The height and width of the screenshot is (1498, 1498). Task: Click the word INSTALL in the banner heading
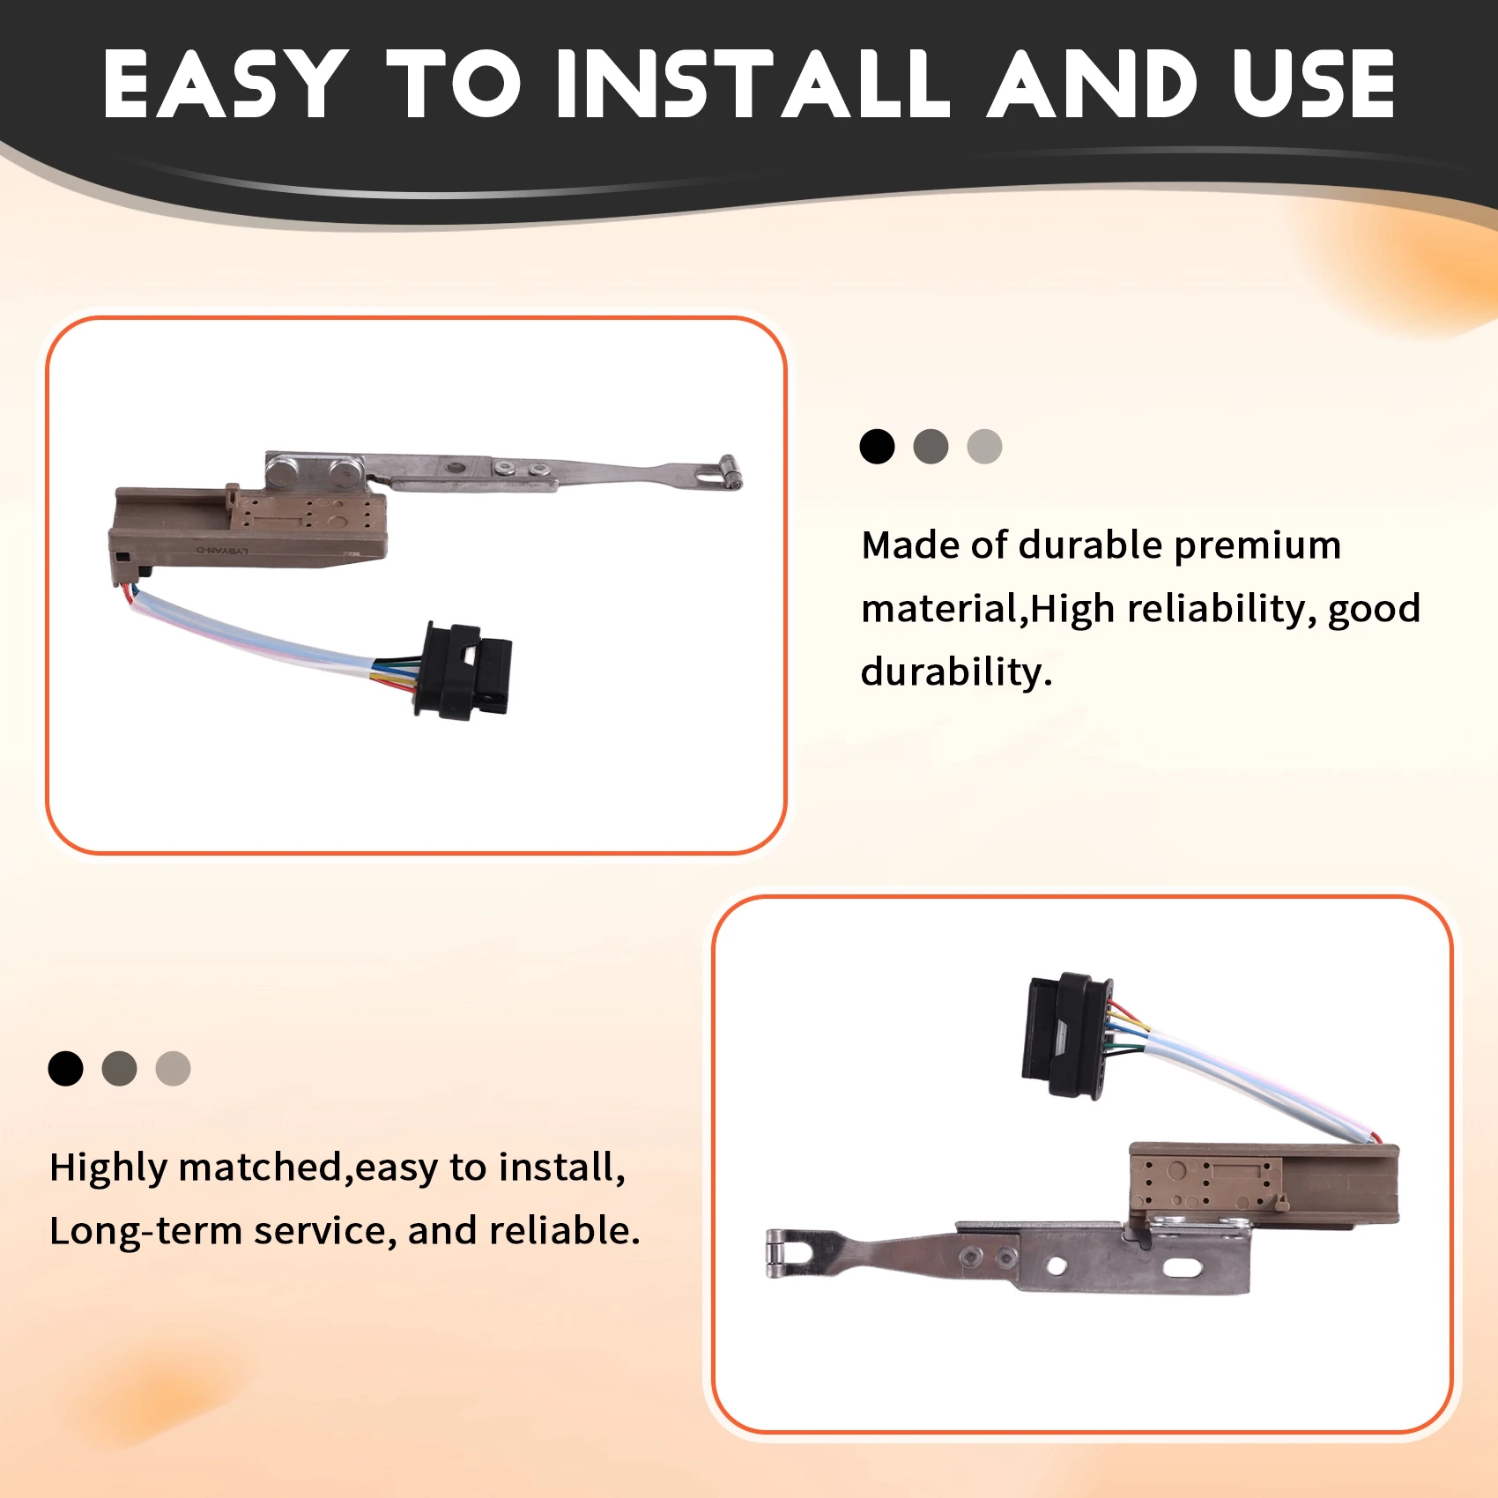pyautogui.click(x=753, y=84)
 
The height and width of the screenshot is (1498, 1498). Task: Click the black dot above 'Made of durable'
pyautogui.click(x=877, y=447)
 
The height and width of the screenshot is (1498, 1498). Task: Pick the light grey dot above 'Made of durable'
pyautogui.click(x=984, y=447)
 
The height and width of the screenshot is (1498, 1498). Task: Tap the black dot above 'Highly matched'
pyautogui.click(x=65, y=1069)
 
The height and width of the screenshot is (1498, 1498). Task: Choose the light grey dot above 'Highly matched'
pyautogui.click(x=173, y=1069)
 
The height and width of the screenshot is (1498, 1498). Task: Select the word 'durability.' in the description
pyautogui.click(x=957, y=671)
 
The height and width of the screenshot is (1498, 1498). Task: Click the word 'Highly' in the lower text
pyautogui.click(x=108, y=1168)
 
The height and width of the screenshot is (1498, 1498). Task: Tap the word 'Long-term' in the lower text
pyautogui.click(x=145, y=1231)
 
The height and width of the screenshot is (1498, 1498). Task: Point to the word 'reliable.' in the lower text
pyautogui.click(x=564, y=1230)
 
